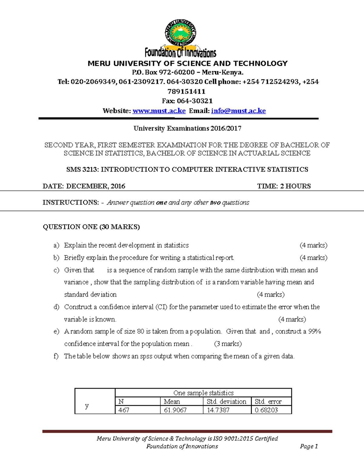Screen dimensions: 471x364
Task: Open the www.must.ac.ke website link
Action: click(x=159, y=111)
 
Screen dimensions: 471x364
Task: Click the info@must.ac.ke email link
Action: click(x=238, y=111)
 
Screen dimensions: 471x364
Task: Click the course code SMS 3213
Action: click(x=82, y=169)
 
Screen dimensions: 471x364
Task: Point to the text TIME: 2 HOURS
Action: click(x=284, y=186)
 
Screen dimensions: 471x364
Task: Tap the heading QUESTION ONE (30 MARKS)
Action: click(x=91, y=227)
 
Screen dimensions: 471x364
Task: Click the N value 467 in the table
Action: click(x=124, y=410)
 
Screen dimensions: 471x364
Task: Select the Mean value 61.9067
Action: click(x=175, y=410)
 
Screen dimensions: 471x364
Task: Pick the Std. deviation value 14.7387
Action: click(x=218, y=410)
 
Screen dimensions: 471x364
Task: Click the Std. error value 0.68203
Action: click(x=266, y=410)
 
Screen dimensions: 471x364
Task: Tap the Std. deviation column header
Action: click(x=226, y=402)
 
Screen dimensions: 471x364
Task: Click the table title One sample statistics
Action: click(x=203, y=393)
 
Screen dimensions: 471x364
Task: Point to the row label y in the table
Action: click(x=87, y=405)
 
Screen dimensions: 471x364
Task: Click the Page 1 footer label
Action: click(x=309, y=446)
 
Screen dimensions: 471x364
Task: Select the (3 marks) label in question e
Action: click(x=228, y=344)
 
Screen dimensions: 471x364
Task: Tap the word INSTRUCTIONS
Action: click(x=71, y=202)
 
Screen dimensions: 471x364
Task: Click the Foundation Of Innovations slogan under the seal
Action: click(x=180, y=53)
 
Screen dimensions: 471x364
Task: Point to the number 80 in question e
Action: click(x=140, y=331)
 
